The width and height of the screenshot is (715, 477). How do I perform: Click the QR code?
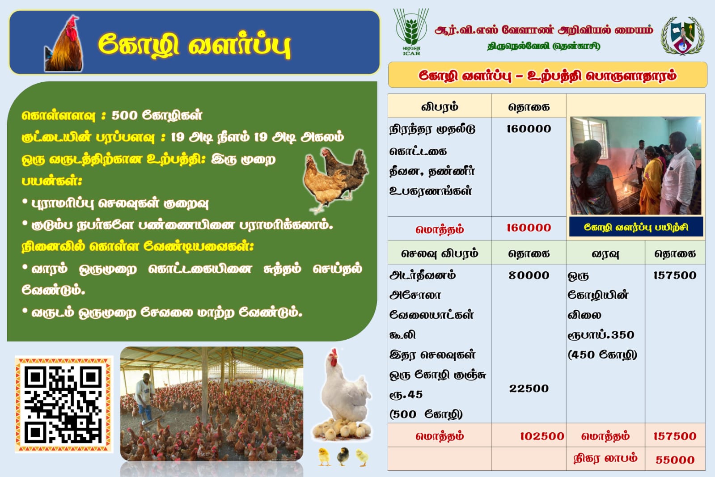coord(64,404)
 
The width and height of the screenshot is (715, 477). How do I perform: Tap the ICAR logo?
coord(411,32)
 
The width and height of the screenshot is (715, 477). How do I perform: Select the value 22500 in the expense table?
coord(529,388)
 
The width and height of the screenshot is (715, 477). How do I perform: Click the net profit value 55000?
coord(675,460)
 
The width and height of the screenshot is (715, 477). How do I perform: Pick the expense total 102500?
coord(542,436)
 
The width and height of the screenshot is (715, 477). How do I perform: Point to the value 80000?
coord(529,275)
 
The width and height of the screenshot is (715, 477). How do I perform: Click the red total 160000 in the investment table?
coord(529,228)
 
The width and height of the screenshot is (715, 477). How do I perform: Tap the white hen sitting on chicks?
coord(343,396)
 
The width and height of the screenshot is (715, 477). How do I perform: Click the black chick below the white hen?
coord(343,456)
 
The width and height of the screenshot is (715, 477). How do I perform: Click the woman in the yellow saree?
coord(651,180)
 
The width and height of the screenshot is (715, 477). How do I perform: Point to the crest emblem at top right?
coord(683,36)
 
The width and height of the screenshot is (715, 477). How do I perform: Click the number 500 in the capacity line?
coord(124,115)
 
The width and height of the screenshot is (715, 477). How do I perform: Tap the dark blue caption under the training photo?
coord(636,227)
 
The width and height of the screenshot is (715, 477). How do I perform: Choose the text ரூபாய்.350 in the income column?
coord(601,335)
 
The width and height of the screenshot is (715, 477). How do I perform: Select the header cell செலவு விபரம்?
coord(440,253)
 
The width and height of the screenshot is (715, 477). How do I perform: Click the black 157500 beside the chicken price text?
coord(675,275)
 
